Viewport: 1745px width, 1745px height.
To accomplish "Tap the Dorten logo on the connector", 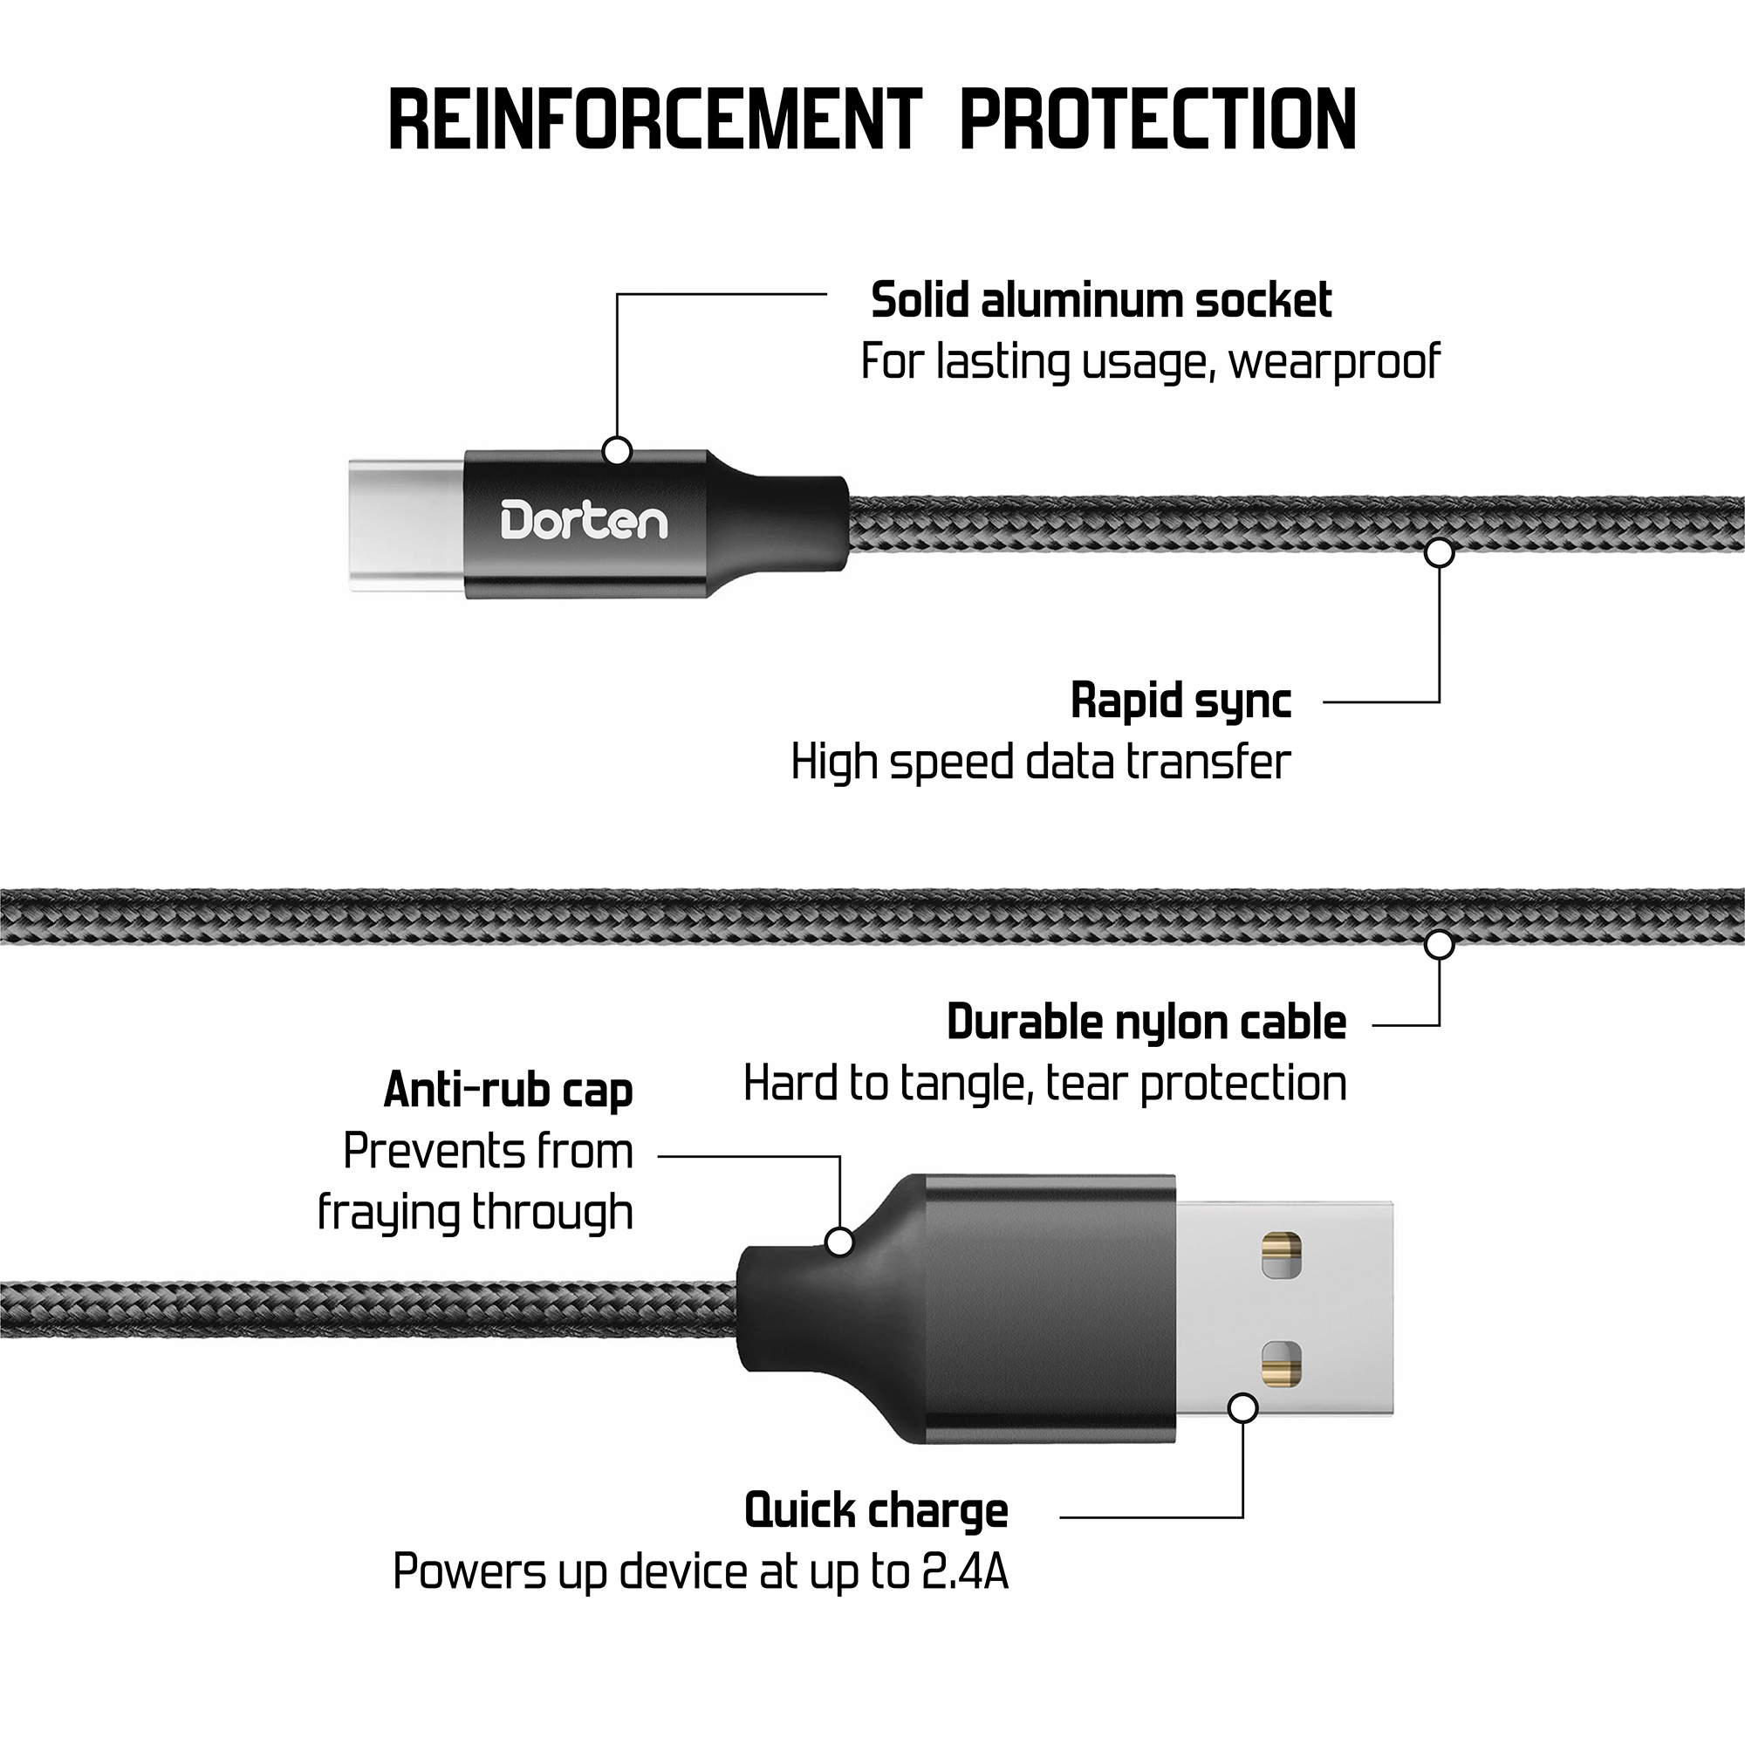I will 584,521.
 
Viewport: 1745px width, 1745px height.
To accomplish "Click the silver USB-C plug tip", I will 407,525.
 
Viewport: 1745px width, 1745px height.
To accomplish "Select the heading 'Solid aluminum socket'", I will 1100,300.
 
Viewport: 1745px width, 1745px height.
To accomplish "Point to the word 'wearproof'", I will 1333,362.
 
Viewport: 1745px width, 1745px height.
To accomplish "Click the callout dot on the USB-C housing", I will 617,451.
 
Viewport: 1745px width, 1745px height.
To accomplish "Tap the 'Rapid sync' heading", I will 1180,700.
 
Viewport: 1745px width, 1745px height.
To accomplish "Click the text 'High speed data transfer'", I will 1040,762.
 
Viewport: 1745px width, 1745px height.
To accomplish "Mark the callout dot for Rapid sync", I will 1439,552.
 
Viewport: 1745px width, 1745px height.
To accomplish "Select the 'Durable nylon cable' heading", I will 1146,1023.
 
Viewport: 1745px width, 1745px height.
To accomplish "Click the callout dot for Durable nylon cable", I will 1439,945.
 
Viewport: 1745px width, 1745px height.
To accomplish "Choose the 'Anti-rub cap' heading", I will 508,1089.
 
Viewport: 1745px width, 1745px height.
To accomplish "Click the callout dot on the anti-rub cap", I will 840,1242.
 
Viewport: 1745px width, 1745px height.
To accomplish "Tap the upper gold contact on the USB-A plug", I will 1282,1255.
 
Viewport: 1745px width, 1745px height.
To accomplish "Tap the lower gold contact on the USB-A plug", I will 1282,1364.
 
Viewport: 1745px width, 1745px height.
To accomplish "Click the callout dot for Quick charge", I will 1242,1407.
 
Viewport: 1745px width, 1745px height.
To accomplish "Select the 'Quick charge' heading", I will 875,1510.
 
